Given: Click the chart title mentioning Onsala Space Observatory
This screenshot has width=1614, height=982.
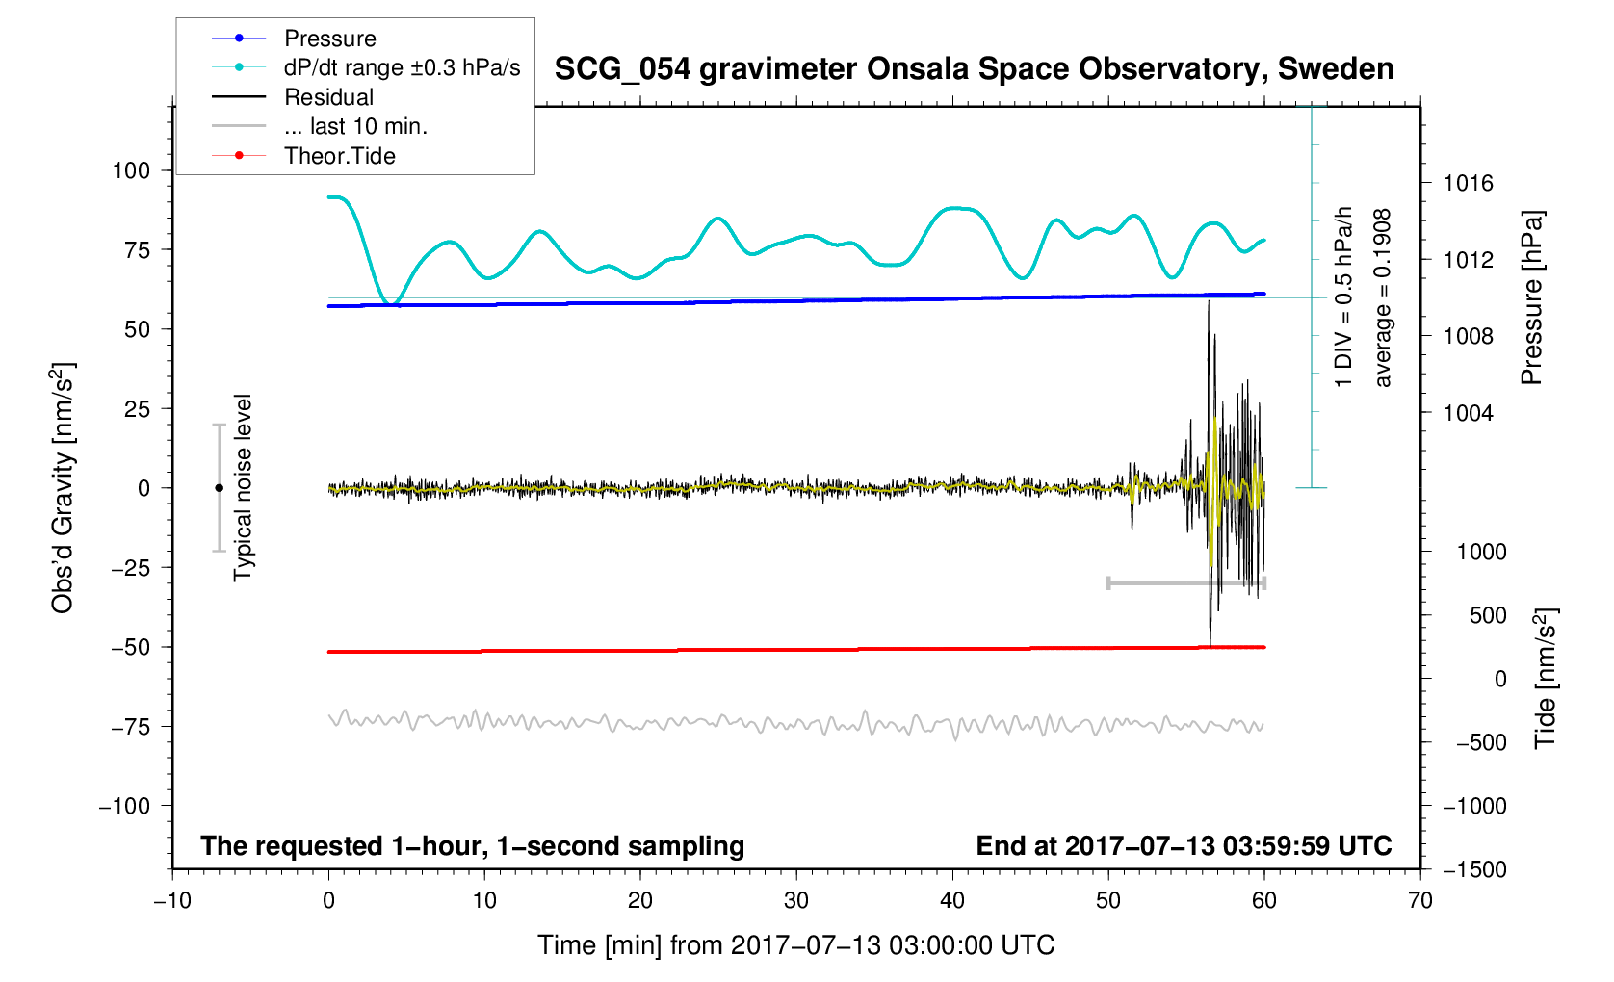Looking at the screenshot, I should coord(974,69).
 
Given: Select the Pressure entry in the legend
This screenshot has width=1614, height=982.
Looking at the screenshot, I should coord(329,39).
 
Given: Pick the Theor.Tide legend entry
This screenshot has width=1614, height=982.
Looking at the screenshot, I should coord(339,156).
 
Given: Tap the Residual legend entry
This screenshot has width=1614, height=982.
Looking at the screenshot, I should coord(328,97).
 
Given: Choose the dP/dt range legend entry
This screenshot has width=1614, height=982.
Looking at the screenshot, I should coord(402,67).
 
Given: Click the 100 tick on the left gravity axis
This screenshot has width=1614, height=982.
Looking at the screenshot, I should coord(131,170).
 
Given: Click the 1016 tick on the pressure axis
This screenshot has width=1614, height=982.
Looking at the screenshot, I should coord(1468,183).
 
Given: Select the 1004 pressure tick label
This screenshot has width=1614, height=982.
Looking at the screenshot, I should coord(1468,413).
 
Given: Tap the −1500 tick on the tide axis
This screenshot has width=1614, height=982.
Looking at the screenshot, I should coord(1474,869).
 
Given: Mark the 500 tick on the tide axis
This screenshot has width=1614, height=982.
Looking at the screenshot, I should coord(1488,615).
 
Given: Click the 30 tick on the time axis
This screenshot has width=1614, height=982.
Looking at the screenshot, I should coord(796,901).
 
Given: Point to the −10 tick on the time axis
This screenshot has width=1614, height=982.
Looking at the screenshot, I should coord(172,901).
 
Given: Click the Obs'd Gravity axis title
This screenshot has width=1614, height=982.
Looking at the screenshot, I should coord(64,488).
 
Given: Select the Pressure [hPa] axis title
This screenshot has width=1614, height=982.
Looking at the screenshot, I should coord(1531,298).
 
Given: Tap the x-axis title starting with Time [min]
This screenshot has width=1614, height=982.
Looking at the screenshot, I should coord(795,945).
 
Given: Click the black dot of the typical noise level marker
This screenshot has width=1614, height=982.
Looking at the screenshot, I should coord(219,488).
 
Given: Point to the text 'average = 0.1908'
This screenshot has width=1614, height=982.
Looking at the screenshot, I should coord(1383,298).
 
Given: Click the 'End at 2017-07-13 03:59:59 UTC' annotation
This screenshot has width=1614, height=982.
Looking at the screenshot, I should coord(1184,846).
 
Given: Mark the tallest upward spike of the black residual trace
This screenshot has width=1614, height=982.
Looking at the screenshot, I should coord(1208,302).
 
